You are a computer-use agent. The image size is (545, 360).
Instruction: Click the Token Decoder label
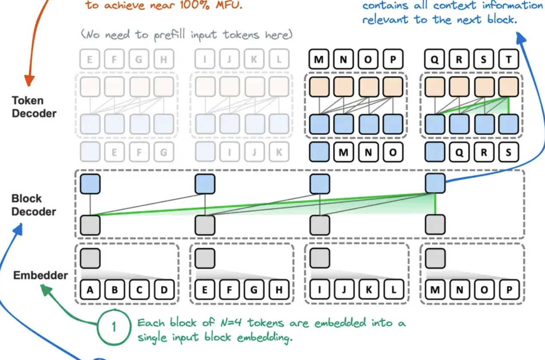(x=34, y=107)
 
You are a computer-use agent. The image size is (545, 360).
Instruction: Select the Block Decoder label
(x=34, y=205)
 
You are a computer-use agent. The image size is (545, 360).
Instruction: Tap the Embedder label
(x=40, y=275)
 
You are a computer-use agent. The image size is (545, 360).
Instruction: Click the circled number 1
(x=114, y=327)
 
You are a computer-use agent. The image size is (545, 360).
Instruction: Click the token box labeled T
(x=508, y=59)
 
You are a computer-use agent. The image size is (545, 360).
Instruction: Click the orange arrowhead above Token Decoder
(x=29, y=81)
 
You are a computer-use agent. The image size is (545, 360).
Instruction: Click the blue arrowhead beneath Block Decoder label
(x=18, y=231)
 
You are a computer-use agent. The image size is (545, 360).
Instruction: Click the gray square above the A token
(x=90, y=258)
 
